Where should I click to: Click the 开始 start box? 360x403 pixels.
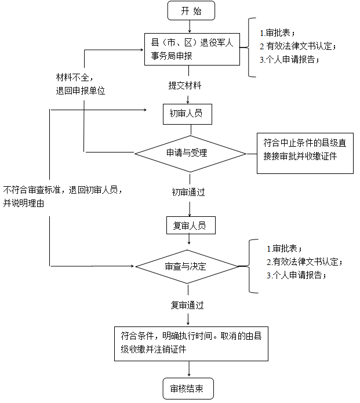(184, 10)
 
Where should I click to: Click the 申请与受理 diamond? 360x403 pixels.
(187, 154)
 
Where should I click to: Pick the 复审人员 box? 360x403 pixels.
(186, 225)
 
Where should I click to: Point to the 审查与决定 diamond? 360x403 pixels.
(187, 267)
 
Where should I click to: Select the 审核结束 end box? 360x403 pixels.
(187, 387)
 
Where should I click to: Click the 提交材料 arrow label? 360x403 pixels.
(185, 85)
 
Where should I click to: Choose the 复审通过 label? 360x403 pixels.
(187, 304)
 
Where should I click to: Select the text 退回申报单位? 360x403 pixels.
(81, 90)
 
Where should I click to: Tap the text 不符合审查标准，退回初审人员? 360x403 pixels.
(63, 189)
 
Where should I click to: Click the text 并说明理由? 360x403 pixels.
(24, 203)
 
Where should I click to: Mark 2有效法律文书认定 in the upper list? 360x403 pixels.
(297, 46)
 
